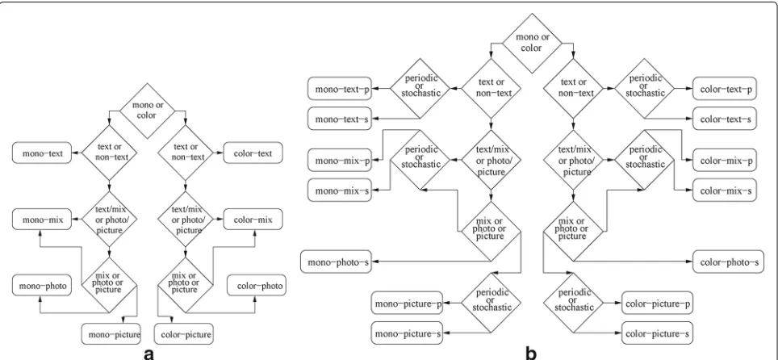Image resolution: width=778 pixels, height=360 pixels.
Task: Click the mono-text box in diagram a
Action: [x=43, y=154]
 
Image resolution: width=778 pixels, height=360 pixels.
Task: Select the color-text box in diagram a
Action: [x=253, y=154]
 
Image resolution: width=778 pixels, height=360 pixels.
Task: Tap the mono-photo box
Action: [x=43, y=286]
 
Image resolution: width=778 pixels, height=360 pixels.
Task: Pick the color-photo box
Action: [x=257, y=286]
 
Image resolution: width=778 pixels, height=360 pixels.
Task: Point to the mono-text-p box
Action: [x=340, y=90]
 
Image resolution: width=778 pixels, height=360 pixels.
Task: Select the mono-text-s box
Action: [x=340, y=119]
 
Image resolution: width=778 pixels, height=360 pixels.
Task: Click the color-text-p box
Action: [x=725, y=90]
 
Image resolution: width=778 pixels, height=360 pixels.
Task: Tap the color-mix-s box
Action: [x=725, y=190]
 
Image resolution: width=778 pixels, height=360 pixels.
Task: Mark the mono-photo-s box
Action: [x=336, y=262]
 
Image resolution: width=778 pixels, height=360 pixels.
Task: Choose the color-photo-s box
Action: [x=728, y=262]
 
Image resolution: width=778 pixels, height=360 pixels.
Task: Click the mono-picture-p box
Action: [x=408, y=303]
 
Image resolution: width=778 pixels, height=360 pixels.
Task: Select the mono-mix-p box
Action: [x=340, y=161]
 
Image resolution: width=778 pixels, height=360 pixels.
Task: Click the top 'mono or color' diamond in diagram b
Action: [x=533, y=44]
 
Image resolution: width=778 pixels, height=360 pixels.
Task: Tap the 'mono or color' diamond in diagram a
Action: [x=148, y=111]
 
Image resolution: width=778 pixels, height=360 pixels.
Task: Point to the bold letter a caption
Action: [x=148, y=354]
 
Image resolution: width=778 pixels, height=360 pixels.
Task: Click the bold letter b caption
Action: [x=531, y=353]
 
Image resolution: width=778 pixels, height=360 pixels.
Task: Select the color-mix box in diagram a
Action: [x=253, y=219]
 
